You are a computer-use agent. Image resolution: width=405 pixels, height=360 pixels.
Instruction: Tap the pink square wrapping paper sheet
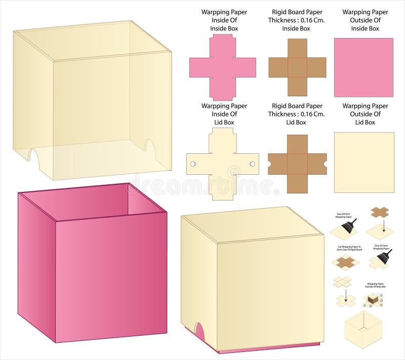coord(363,67)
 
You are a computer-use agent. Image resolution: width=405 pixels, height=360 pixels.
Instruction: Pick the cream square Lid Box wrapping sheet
coord(363,162)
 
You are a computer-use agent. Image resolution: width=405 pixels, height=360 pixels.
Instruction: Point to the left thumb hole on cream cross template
coord(193,164)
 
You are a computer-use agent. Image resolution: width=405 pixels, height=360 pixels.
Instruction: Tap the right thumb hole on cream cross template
coord(252,164)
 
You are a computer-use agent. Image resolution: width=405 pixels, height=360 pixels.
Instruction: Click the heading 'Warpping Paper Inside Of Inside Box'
coord(224,20)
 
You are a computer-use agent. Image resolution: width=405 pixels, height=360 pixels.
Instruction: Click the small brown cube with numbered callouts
coord(373,300)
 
